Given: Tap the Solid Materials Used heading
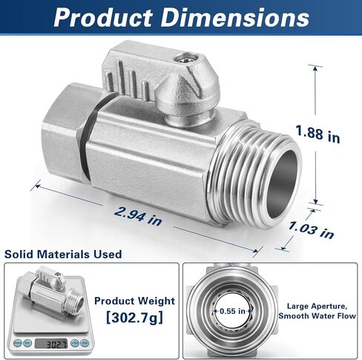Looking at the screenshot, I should click(x=64, y=254).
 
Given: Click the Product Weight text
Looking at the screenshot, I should click(x=134, y=301).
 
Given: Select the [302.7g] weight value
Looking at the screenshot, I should click(x=134, y=318).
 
